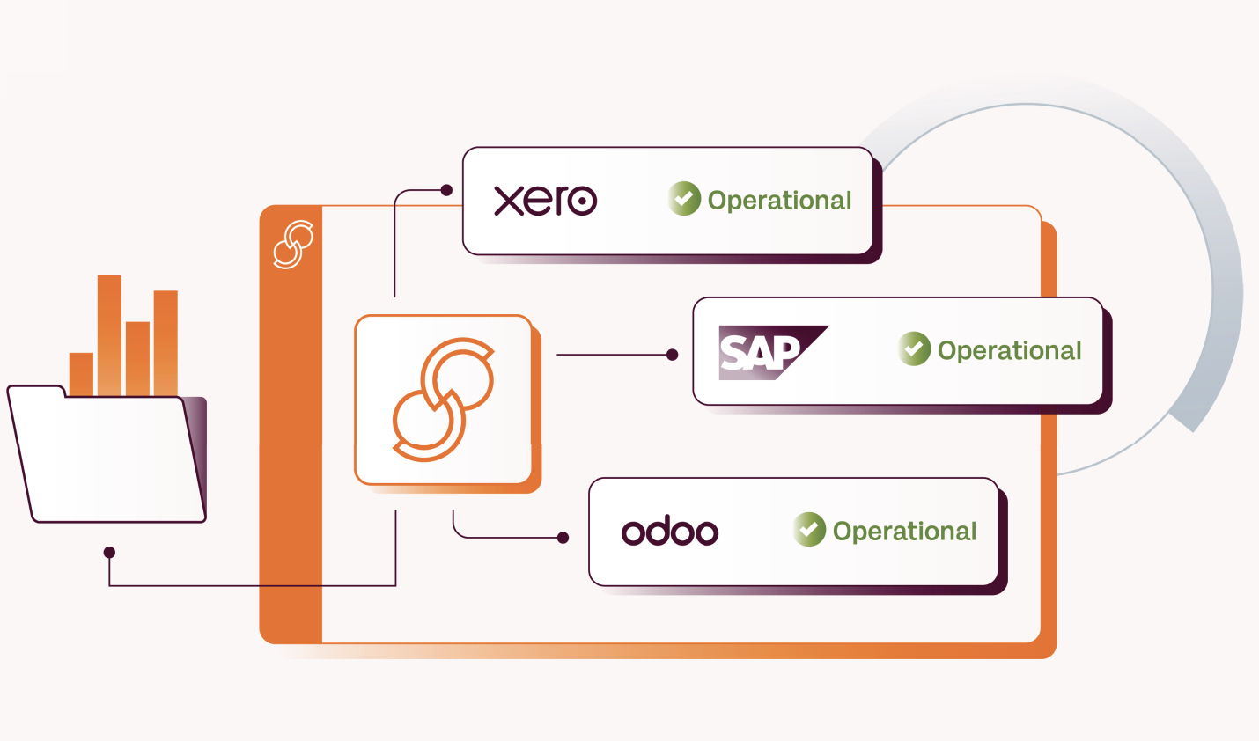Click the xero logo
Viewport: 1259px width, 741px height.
[x=545, y=201]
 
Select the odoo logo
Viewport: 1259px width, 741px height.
[x=670, y=532]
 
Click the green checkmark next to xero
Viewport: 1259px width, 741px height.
[x=684, y=199]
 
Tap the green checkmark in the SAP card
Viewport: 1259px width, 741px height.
[x=915, y=348]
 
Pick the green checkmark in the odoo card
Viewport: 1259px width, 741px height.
[x=809, y=530]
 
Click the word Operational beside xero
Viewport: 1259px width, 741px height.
[x=779, y=201]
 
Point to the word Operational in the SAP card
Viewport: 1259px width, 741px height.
[x=1009, y=350]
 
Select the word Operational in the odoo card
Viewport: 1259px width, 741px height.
[x=904, y=532]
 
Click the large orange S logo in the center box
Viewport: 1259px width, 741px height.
[x=443, y=400]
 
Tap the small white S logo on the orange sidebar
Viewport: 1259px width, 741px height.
[x=293, y=244]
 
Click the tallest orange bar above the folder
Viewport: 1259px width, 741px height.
[x=109, y=334]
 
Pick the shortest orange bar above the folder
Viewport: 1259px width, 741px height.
[x=81, y=374]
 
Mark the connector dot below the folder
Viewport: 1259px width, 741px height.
[x=109, y=553]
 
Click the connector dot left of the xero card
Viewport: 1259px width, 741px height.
[x=446, y=190]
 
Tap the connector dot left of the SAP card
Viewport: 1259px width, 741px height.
[x=673, y=355]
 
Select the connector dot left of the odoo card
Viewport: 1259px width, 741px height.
[x=563, y=538]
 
